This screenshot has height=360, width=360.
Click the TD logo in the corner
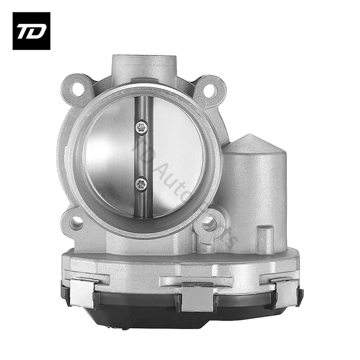31,31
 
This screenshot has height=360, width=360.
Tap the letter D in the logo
37,31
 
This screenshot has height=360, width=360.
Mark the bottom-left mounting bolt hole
76,224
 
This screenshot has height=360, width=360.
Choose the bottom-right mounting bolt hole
209,223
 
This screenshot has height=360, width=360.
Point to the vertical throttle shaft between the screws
142,156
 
